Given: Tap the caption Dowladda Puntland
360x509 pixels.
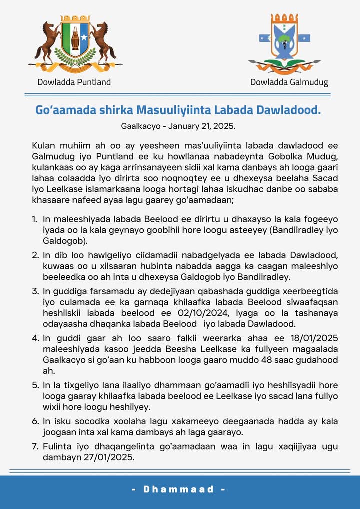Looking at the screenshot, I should coord(74,82).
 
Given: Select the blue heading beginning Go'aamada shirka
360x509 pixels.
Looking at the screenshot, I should coord(178,110).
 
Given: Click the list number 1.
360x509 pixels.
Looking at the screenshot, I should coord(34,219).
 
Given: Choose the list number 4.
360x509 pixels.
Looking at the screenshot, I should coord(35,338).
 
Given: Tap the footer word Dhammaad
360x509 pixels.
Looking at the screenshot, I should coord(179,489).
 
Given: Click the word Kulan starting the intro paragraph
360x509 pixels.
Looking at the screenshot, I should coord(43,146).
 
